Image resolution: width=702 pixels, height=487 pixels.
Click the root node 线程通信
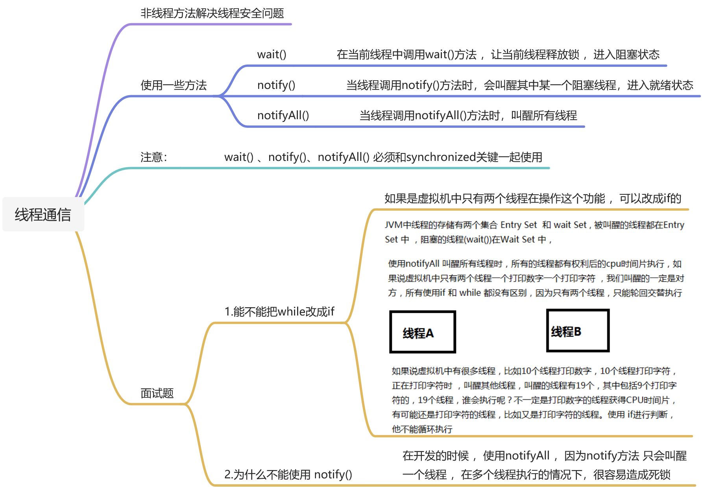point(43,215)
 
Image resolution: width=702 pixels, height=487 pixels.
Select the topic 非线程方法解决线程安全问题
point(212,13)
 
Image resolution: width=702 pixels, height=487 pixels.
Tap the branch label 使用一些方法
point(174,85)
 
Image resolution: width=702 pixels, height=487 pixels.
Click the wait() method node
point(272,54)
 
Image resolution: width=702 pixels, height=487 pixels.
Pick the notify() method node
point(276,85)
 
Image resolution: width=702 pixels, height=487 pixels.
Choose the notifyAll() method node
point(283,115)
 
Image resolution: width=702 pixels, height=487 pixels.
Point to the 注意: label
point(153,157)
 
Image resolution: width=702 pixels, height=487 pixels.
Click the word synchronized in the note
point(441,157)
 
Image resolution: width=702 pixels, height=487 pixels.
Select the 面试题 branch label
point(157,393)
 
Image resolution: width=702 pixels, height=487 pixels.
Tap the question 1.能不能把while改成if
point(279,312)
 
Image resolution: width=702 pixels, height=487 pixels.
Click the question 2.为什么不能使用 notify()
point(288,474)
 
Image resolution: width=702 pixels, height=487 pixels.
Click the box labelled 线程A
point(422,332)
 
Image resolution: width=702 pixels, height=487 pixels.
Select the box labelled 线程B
point(578,330)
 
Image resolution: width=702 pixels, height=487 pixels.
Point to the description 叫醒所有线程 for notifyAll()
point(544,115)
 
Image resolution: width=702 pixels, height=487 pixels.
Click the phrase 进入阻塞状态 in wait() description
point(626,54)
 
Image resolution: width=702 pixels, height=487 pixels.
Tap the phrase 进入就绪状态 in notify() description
point(660,85)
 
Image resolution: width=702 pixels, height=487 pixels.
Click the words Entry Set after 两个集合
point(518,225)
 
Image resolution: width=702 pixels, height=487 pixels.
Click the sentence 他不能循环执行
point(422,429)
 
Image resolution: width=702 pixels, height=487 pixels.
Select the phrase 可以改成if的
point(650,198)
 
